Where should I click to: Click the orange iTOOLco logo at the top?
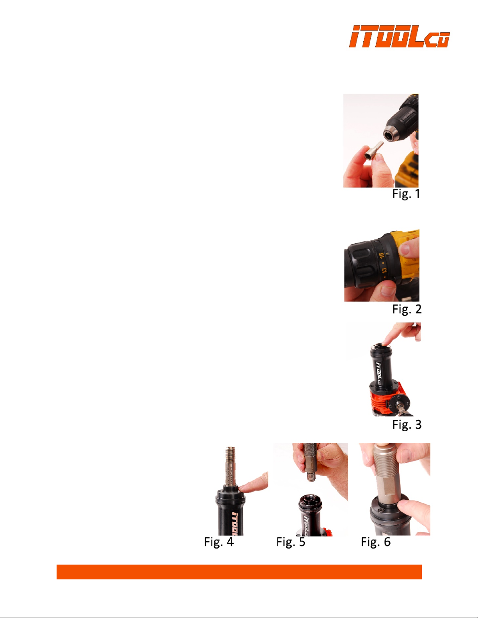[x=399, y=36]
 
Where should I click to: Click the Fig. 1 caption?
[x=406, y=194]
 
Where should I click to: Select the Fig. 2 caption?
[x=407, y=309]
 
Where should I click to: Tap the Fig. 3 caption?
[x=407, y=425]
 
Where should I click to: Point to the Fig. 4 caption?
[x=219, y=542]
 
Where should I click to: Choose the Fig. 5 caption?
[x=291, y=542]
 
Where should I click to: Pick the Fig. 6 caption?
[x=375, y=542]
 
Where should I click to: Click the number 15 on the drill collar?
[x=382, y=255]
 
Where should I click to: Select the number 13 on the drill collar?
[x=384, y=271]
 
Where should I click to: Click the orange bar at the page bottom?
[x=239, y=572]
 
